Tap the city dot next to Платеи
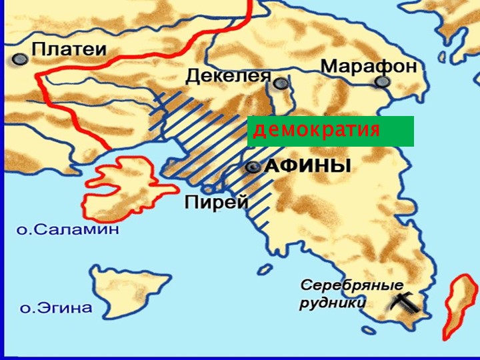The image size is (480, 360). tap(21, 59)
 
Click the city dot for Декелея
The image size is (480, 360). tap(281, 83)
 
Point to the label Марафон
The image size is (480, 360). tap(368, 66)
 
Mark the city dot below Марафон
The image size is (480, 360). tap(381, 82)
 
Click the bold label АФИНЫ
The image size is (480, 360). tap(308, 167)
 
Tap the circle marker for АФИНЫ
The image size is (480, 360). tap(253, 168)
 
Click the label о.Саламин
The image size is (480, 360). tap(67, 230)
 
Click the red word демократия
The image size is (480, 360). tap(317, 130)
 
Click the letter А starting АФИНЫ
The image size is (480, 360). tap(272, 167)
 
